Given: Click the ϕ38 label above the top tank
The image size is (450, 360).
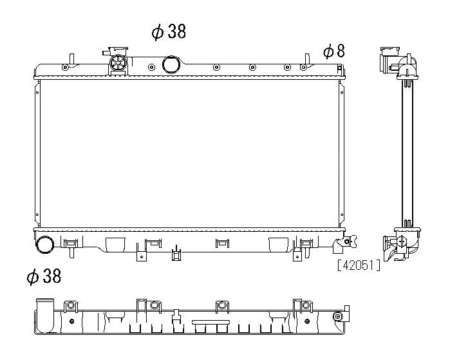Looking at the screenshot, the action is click(x=169, y=32).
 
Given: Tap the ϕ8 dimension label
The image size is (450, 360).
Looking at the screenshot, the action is click(x=333, y=52).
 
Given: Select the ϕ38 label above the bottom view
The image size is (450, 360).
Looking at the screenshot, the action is click(x=44, y=276).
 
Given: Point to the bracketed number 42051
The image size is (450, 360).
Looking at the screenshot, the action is click(x=359, y=265).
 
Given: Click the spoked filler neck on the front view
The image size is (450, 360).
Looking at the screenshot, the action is click(x=118, y=62).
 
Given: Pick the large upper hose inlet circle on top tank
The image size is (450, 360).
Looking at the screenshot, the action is click(x=171, y=64).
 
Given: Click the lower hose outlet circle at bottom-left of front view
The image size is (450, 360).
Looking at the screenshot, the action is click(x=44, y=245).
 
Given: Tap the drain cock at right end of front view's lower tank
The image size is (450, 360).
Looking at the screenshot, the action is click(x=346, y=242).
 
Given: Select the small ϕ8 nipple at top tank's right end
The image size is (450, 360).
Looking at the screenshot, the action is click(x=340, y=69).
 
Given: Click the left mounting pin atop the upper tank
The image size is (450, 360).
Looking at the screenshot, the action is click(x=72, y=59).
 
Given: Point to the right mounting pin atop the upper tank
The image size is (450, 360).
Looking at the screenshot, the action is click(x=307, y=59).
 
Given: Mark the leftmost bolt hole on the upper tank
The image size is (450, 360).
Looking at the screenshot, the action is click(x=65, y=68).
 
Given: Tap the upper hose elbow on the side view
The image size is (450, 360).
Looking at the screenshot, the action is click(x=408, y=66).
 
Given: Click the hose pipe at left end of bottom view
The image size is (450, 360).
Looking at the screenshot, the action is click(x=45, y=315).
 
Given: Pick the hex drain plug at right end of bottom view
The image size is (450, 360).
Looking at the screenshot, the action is click(x=338, y=316).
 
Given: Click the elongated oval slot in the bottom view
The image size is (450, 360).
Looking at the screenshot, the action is click(x=211, y=322).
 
